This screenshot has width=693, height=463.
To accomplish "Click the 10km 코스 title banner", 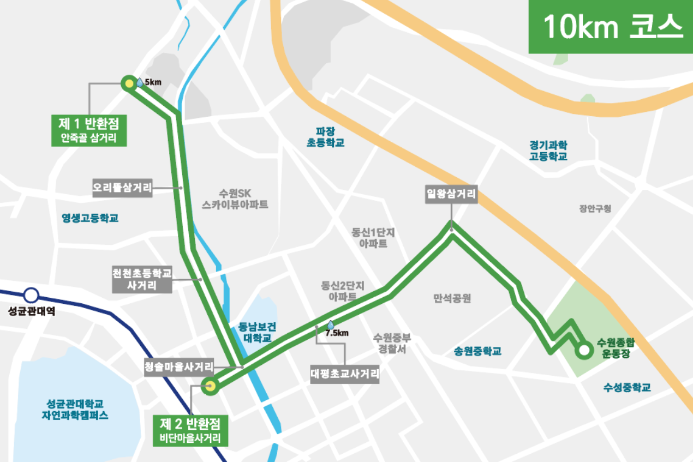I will pos(611,27).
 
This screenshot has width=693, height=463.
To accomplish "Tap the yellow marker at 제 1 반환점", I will pos(129,83).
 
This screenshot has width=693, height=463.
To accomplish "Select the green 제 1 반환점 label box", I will pos(89,129).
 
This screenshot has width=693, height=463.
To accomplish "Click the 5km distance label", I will pos(152,83).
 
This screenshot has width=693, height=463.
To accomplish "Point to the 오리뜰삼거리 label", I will pos(122,188).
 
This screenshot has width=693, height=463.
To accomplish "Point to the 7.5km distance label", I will pos(337,332).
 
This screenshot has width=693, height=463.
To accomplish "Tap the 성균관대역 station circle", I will pos(31,296).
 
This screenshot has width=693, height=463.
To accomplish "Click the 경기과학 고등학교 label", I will pos(548,151).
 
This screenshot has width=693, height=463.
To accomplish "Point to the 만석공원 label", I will pos(452,298).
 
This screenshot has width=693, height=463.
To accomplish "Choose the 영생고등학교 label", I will pos(90,218).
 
